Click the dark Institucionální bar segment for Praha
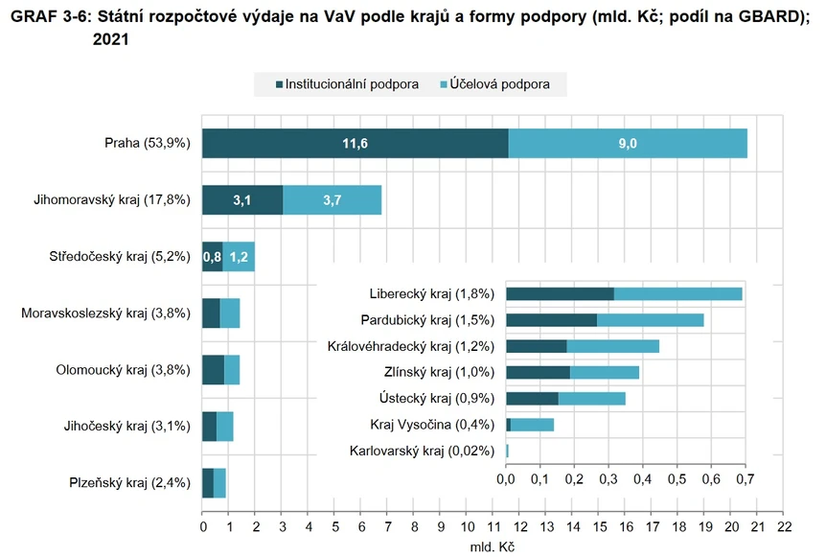(355, 144)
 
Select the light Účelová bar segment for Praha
(628, 144)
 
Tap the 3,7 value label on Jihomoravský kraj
(333, 200)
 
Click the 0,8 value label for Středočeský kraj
(212, 257)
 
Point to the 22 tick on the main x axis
(784, 527)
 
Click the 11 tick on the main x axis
(493, 527)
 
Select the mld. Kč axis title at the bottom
(493, 547)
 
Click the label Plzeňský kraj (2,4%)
(130, 483)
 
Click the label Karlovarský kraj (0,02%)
(422, 451)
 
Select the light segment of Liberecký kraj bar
(677, 294)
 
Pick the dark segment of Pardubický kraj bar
(551, 320)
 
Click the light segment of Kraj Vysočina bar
(532, 425)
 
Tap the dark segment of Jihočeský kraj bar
(209, 427)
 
